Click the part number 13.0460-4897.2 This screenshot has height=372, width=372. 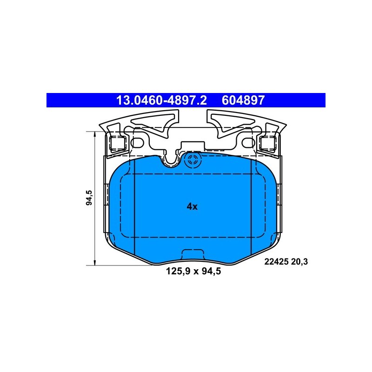161,100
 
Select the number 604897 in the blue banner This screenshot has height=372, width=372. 243,100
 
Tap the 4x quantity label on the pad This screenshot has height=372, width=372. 192,206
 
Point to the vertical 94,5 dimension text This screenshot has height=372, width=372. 89,198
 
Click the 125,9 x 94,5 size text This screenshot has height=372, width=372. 193,271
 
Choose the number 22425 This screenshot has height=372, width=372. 276,262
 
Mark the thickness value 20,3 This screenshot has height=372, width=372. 299,262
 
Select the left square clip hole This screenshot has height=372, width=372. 118,143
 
